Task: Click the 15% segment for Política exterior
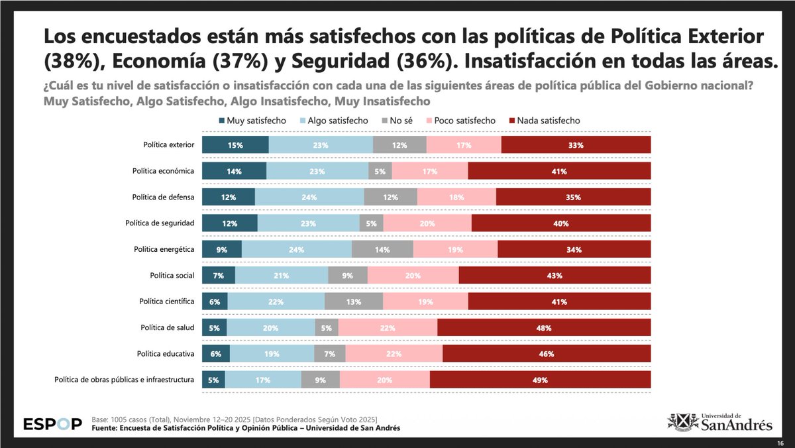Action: [x=235, y=145]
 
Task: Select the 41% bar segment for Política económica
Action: [x=559, y=171]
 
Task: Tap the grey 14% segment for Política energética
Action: [x=382, y=249]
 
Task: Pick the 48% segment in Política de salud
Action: [x=544, y=327]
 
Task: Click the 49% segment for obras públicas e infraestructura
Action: [x=540, y=380]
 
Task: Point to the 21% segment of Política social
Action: [x=282, y=275]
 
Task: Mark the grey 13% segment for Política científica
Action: [x=354, y=302]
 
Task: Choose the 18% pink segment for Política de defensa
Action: [x=456, y=197]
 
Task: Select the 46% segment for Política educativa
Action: [x=547, y=353]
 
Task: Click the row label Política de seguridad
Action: [x=160, y=223]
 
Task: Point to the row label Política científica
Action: [x=166, y=302]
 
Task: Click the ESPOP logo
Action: [x=52, y=423]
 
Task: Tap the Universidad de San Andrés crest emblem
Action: [x=682, y=421]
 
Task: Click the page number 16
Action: [x=780, y=442]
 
